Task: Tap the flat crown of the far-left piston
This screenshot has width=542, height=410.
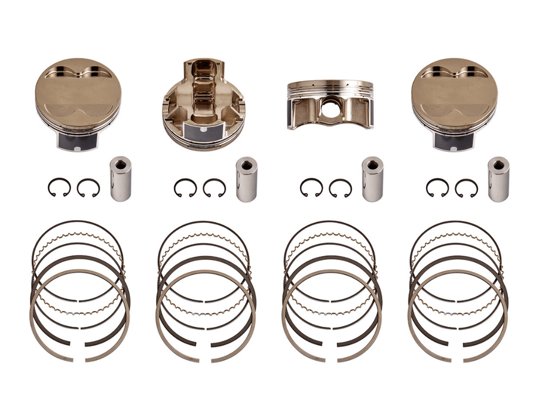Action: coord(77,94)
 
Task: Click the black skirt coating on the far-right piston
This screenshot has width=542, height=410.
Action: coord(455,141)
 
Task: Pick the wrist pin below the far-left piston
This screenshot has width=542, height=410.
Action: coord(120,179)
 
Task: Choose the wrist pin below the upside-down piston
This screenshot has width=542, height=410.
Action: coord(246,179)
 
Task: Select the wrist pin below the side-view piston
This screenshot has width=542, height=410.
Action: coord(372,179)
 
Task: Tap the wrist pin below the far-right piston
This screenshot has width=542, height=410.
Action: coord(498,179)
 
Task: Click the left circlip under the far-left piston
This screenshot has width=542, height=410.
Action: coord(59,187)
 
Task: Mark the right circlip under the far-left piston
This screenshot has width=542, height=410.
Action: coord(88,187)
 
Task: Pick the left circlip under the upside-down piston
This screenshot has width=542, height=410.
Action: coord(185,187)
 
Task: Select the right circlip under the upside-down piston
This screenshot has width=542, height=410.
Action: coord(214,187)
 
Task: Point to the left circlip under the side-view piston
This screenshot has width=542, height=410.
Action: coord(311,187)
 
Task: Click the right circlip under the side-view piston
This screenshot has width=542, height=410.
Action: coord(340,187)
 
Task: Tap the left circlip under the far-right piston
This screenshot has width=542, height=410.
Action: coord(437,187)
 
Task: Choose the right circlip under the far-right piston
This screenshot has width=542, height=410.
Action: coord(466,187)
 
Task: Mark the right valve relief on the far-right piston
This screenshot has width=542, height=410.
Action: coord(468,71)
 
